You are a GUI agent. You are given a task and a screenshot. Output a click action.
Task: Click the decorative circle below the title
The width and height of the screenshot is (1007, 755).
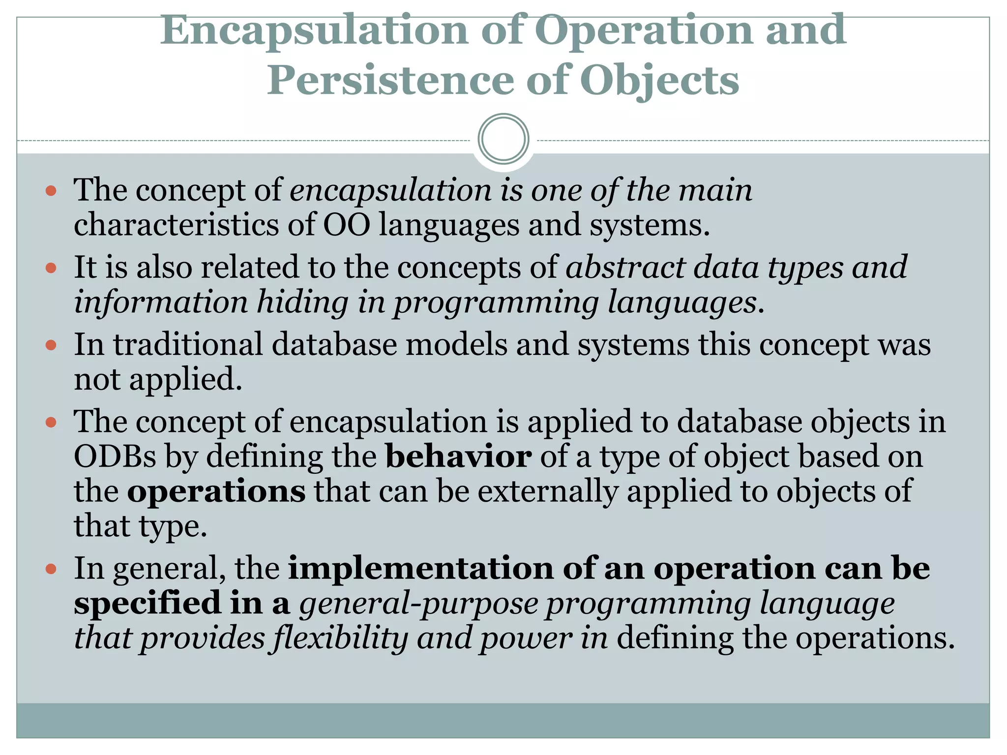click(503, 139)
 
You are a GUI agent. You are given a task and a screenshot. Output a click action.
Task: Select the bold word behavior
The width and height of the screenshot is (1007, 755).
click(458, 456)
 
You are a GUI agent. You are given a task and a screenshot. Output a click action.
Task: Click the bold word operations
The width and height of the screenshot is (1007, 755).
click(216, 491)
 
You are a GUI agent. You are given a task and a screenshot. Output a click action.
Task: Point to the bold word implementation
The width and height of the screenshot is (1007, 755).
click(421, 568)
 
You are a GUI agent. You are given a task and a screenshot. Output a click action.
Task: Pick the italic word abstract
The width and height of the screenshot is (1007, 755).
click(625, 267)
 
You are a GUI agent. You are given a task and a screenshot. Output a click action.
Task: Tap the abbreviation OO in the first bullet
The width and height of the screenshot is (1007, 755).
click(346, 225)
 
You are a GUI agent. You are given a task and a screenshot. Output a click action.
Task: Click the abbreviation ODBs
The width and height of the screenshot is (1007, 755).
click(115, 456)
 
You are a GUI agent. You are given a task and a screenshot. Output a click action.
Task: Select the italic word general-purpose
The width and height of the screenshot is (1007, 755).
click(419, 604)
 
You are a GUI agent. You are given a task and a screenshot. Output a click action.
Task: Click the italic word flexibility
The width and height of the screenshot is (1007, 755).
click(340, 638)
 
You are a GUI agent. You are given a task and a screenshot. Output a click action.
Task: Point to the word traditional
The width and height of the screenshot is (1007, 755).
click(188, 344)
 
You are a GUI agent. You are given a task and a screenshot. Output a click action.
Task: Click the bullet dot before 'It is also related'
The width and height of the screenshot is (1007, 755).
click(51, 268)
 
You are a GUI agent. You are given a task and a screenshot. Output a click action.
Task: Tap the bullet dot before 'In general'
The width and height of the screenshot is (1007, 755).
click(51, 569)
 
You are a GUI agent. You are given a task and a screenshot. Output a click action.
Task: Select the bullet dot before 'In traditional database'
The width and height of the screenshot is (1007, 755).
click(51, 345)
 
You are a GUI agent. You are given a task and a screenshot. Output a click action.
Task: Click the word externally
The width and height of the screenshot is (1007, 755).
click(548, 491)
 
